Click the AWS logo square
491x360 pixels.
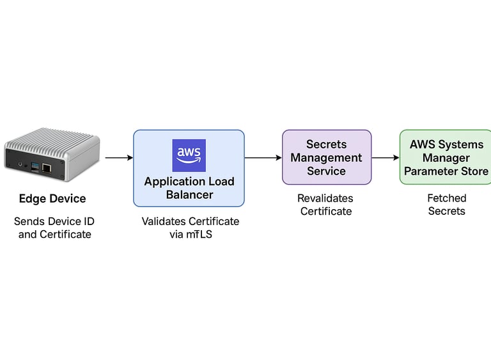point(189,155)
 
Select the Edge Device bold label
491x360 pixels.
point(52,199)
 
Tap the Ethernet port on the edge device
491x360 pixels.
point(46,168)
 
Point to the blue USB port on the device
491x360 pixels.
point(35,166)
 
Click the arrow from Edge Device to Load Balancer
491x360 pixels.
point(120,157)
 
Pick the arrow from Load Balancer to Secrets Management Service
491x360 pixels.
point(263,157)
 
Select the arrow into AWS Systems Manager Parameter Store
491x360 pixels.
point(386,157)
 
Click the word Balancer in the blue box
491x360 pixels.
point(189,195)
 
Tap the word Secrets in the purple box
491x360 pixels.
point(326,144)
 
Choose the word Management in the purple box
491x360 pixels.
point(326,157)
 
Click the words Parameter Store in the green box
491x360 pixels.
point(446,171)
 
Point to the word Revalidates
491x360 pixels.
point(325,198)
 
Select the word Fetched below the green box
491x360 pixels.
point(447,198)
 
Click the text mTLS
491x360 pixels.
point(199,235)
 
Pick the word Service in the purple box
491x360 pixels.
point(326,171)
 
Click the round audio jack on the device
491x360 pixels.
point(20,164)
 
